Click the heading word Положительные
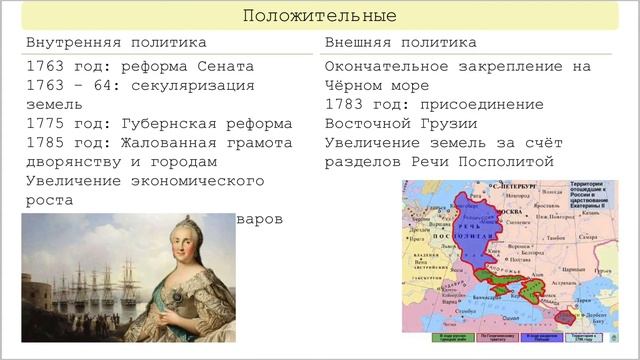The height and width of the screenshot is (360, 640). [320, 16]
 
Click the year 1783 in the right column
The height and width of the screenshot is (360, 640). [345, 105]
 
